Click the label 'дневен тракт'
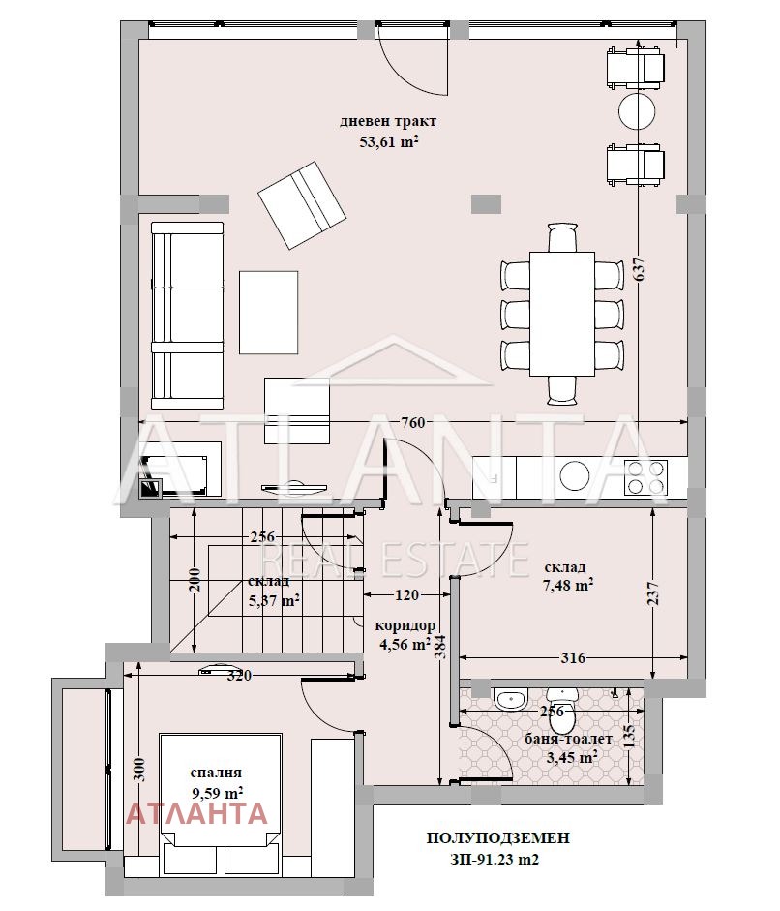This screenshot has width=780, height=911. coord(388,122)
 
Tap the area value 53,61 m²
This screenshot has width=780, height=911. coord(389,141)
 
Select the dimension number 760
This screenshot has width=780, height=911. coord(413,423)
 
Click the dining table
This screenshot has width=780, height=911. coord(561,314)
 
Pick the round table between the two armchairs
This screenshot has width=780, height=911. coord(637,110)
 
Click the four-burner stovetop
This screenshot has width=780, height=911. coord(645,477)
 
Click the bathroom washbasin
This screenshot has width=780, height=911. coord(511,699)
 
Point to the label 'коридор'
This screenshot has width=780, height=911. coord(405,626)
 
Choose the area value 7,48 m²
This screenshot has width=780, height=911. coord(568,586)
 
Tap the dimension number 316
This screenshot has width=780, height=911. coord(573,657)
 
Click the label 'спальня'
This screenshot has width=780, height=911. coord(216,774)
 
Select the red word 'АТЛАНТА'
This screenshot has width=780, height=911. coord(196,813)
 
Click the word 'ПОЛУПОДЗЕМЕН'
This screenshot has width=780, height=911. coord(497,837)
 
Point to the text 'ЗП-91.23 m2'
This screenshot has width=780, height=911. coord(494,859)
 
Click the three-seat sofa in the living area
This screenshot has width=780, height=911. coord(187,315)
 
